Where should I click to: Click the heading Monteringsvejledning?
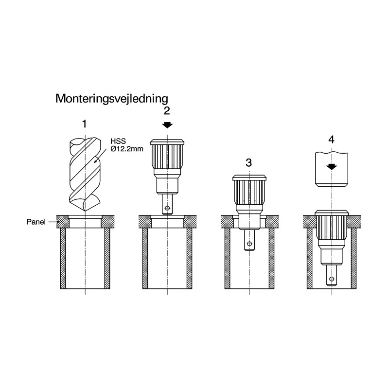pyautogui.click(x=112, y=99)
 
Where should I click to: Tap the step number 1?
pyautogui.click(x=85, y=124)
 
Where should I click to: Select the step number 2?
pyautogui.click(x=167, y=111)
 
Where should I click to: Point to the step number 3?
pyautogui.click(x=249, y=163)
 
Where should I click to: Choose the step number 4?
pyautogui.click(x=332, y=140)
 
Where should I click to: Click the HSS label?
pyautogui.click(x=118, y=141)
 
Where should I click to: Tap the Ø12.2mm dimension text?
pyautogui.click(x=127, y=149)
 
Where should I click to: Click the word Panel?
pyautogui.click(x=36, y=222)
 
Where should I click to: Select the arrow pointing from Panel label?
pyautogui.click(x=53, y=222)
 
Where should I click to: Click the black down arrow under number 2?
pyautogui.click(x=167, y=125)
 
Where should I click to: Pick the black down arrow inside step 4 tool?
pyautogui.click(x=332, y=167)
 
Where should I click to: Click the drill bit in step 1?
pyautogui.click(x=85, y=174)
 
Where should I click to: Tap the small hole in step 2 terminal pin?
pyautogui.click(x=167, y=208)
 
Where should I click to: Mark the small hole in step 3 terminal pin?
pyautogui.click(x=249, y=244)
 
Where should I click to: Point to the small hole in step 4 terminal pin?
pyautogui.click(x=332, y=279)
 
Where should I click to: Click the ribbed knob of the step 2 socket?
pyautogui.click(x=167, y=156)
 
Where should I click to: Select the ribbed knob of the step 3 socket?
pyautogui.click(x=249, y=192)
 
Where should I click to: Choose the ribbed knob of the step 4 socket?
pyautogui.click(x=332, y=228)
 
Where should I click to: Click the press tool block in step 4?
pyautogui.click(x=332, y=169)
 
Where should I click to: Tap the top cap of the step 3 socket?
pyautogui.click(x=249, y=177)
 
